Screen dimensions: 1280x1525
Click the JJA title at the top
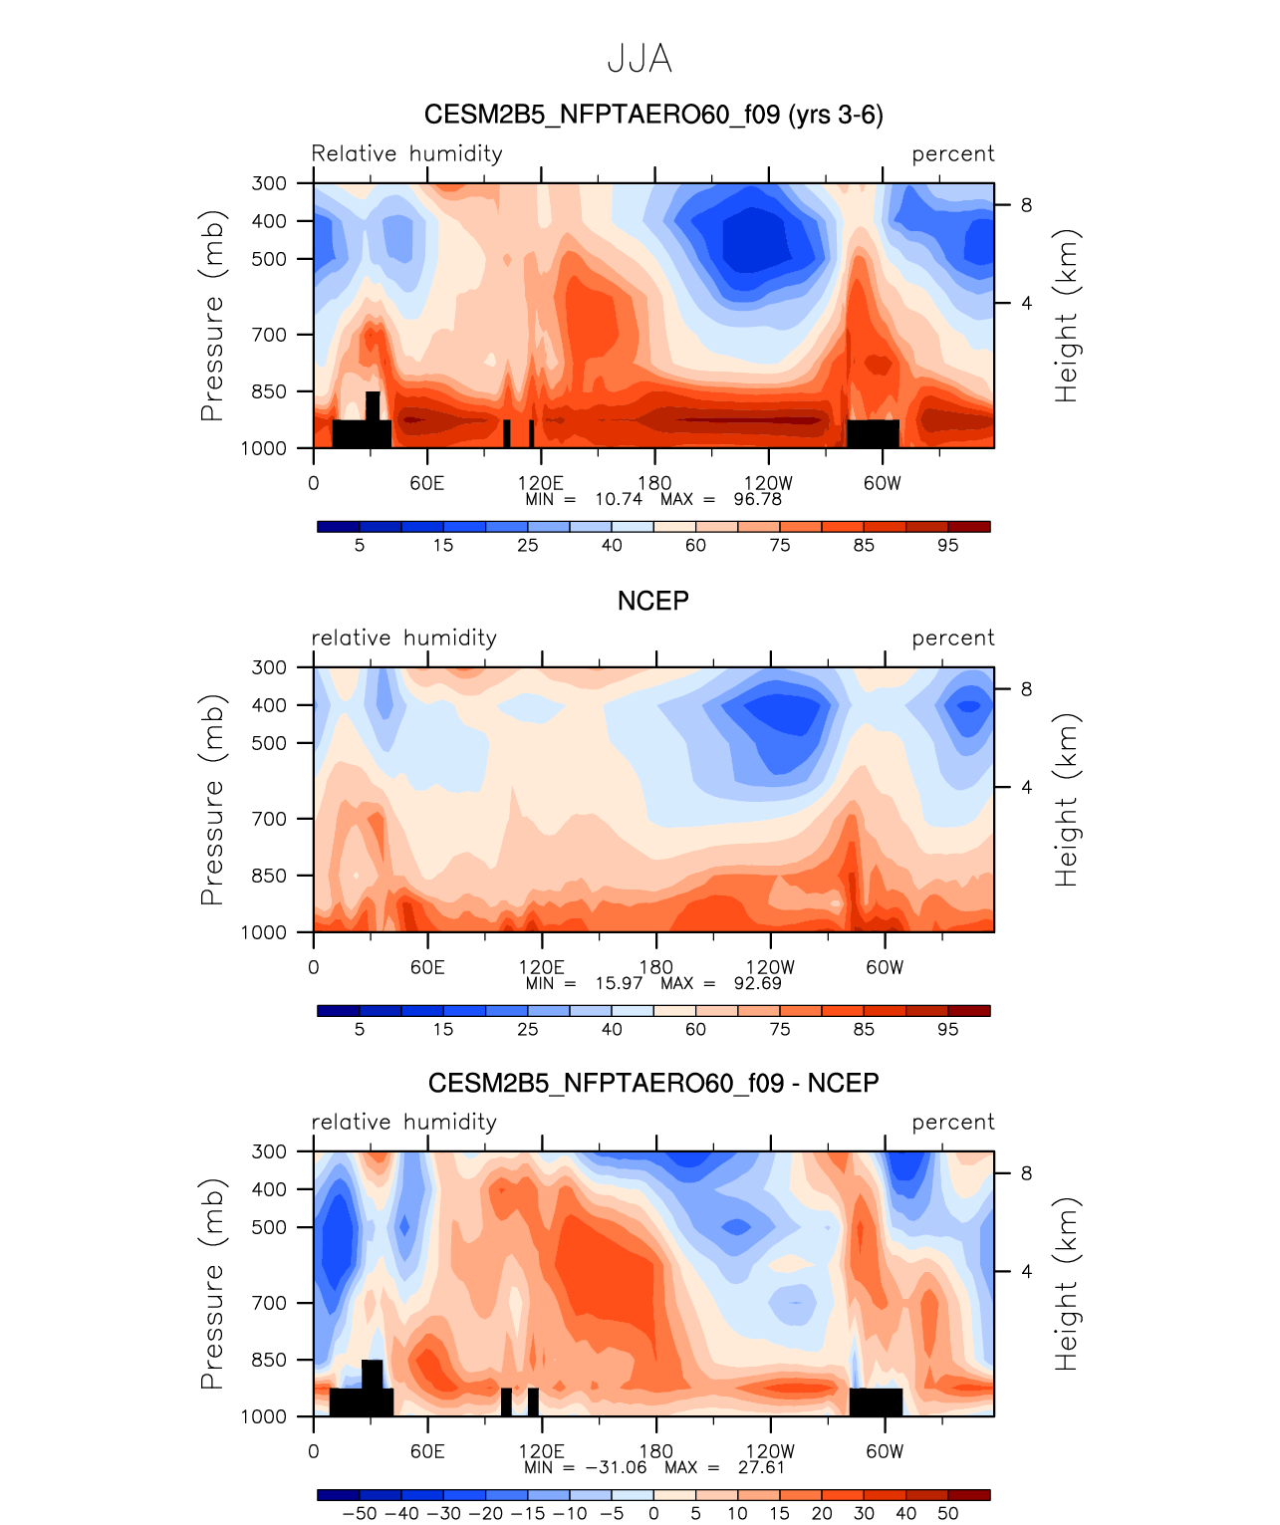pyautogui.click(x=640, y=59)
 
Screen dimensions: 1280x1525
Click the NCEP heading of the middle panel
pyautogui.click(x=653, y=601)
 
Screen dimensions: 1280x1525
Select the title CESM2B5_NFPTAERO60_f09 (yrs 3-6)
pyautogui.click(x=653, y=115)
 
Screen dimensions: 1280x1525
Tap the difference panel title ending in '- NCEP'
pyautogui.click(x=653, y=1083)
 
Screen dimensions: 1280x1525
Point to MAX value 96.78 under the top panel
pyautogui.click(x=758, y=499)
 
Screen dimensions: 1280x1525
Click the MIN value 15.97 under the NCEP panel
pyautogui.click(x=619, y=983)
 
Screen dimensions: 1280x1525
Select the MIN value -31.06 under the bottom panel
pyautogui.click(x=617, y=1467)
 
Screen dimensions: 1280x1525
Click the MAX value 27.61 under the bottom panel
pyautogui.click(x=761, y=1467)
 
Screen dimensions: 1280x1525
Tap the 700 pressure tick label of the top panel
pyautogui.click(x=269, y=335)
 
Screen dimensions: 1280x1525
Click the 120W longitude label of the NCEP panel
pyautogui.click(x=770, y=967)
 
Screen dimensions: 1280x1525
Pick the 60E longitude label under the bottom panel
pyautogui.click(x=427, y=1451)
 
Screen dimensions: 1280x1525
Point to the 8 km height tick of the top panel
pyautogui.click(x=1026, y=205)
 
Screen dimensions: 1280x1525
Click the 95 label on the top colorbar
pyautogui.click(x=947, y=545)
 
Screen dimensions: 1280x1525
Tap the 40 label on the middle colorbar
pyautogui.click(x=612, y=1029)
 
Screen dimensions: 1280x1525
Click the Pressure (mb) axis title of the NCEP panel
pyautogui.click(x=211, y=800)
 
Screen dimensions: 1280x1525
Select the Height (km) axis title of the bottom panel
pyautogui.click(x=1066, y=1284)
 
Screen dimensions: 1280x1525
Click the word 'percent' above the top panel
pyautogui.click(x=952, y=154)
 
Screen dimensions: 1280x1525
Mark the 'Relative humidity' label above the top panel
pyautogui.click(x=407, y=153)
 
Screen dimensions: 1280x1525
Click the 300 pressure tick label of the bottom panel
pyautogui.click(x=269, y=1151)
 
